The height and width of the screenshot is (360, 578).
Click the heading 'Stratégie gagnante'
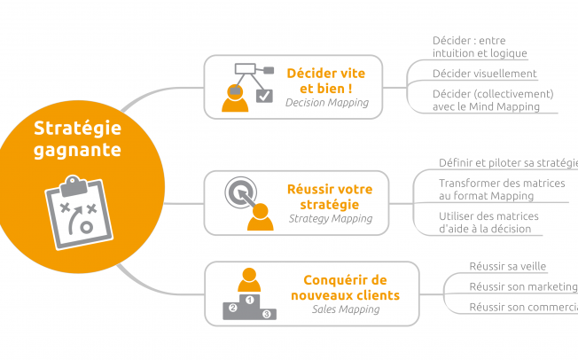(77, 139)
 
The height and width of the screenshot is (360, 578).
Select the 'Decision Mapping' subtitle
(326, 103)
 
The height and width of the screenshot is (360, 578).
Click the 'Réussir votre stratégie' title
(330, 196)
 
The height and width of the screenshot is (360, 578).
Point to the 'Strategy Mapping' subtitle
(329, 218)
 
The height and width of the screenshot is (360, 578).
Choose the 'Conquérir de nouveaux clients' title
(345, 286)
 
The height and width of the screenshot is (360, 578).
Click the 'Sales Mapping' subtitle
(345, 309)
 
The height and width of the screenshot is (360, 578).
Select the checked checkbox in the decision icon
(264, 95)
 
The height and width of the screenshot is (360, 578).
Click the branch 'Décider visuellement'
(484, 74)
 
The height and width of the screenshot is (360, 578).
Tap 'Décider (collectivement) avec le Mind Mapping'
(492, 100)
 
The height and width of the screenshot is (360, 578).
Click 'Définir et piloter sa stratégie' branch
(508, 162)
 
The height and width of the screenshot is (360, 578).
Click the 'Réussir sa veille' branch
(508, 265)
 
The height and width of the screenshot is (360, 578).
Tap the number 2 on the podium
(233, 308)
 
